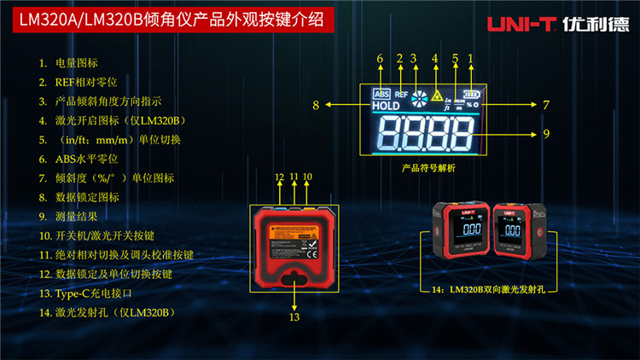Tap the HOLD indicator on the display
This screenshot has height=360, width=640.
pos(386,107)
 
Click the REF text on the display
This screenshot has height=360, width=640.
pos(401,95)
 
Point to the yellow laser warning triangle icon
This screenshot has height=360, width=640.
pos(438,94)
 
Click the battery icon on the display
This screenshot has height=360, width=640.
pos(470,93)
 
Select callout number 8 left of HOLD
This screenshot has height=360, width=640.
pos(316,106)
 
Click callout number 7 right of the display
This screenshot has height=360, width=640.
pos(545,106)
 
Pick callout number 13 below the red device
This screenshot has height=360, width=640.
pos(294,317)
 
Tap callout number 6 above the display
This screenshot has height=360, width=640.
pos(381,58)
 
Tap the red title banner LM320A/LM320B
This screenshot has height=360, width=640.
pos(166,21)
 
